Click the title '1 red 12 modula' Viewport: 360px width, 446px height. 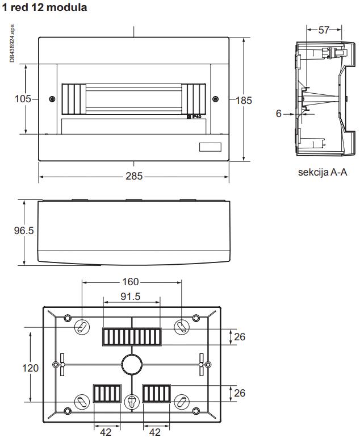tap(45, 7)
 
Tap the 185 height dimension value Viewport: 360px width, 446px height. tap(244, 101)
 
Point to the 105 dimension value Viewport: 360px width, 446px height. tap(23, 99)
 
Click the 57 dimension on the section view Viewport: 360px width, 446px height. tap(324, 30)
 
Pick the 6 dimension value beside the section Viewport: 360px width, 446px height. tap(279, 114)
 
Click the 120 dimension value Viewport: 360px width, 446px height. tap(31, 368)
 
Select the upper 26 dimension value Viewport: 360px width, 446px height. tap(240, 337)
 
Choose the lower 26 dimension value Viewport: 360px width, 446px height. tap(240, 393)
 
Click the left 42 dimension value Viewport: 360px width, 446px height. tap(106, 432)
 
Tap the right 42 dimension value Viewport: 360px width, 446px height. tap(156, 432)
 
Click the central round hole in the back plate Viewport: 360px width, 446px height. tap(131, 364)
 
